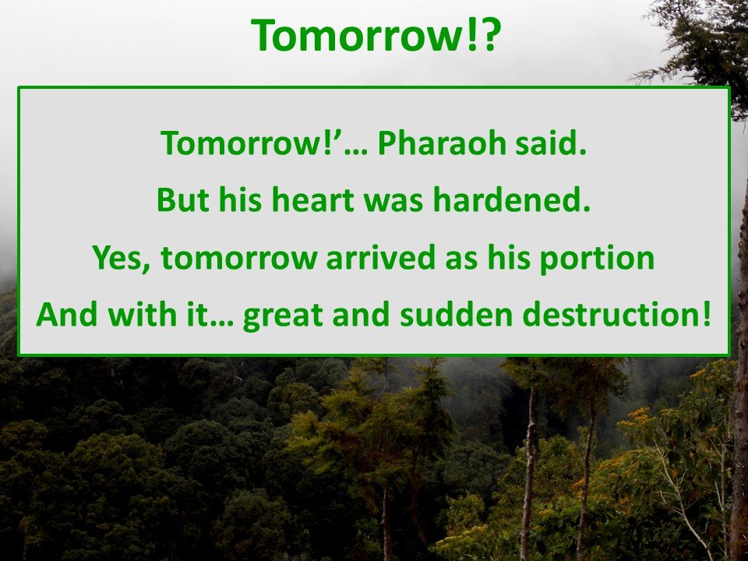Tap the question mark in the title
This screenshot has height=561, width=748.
[488, 35]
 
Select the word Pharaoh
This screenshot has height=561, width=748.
[441, 143]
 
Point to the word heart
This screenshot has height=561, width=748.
[313, 199]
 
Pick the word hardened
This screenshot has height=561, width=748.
[511, 199]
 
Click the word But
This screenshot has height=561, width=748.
[182, 199]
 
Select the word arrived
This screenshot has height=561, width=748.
[381, 257]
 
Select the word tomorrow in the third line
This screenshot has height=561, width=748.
[239, 258]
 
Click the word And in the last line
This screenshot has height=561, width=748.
[68, 314]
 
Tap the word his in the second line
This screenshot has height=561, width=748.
[241, 199]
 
